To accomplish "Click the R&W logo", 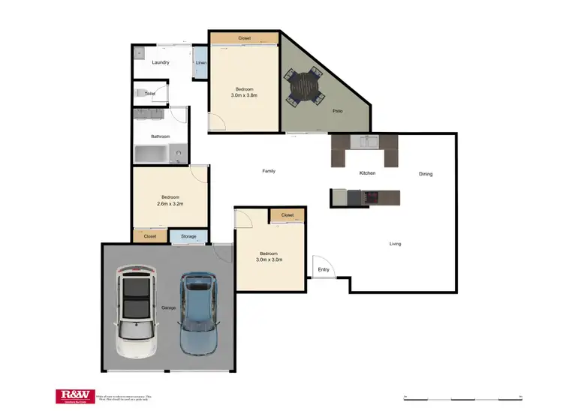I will (x=74, y=396).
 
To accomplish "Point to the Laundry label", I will (x=161, y=62).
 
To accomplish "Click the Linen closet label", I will (x=200, y=63).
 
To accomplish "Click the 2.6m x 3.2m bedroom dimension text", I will (x=171, y=203).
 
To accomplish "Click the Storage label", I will (x=188, y=237).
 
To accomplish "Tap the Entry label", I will (x=324, y=269).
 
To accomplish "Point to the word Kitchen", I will (x=367, y=173).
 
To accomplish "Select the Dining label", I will (x=426, y=174).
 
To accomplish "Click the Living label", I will (x=395, y=243).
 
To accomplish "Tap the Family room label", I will (x=268, y=171).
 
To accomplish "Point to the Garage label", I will (x=168, y=308).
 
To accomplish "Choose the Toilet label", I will (x=149, y=93).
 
